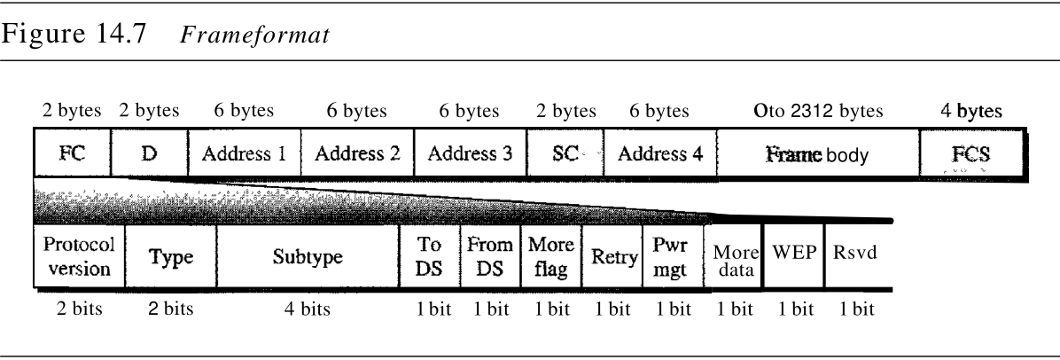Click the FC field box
[74, 152]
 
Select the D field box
[150, 152]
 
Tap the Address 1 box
[245, 152]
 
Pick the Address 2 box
[357, 152]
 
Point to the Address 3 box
[470, 152]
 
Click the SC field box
[565, 152]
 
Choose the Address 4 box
[659, 152]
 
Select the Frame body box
[817, 152]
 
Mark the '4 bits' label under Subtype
[305, 309]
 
